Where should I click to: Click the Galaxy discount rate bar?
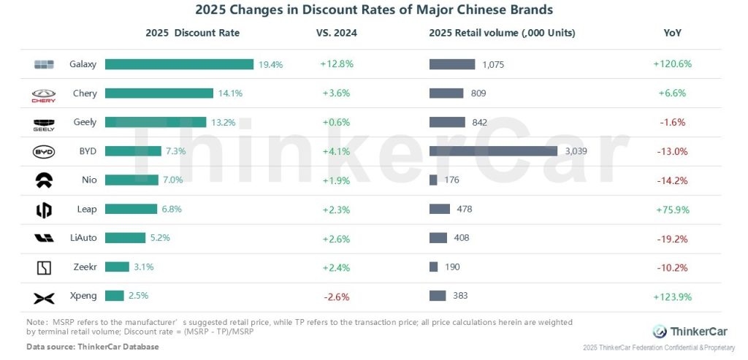coord(179,64)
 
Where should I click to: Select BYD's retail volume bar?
coord(493,151)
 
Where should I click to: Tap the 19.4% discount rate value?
coord(270,64)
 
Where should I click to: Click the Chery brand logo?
coord(44,94)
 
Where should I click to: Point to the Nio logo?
coord(44,180)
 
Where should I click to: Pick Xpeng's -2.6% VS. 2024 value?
coord(336,296)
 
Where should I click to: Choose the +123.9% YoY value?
coord(672,296)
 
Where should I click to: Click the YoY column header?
coord(672,33)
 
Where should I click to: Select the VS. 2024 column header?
coord(337,33)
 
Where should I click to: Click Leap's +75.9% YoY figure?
coord(672,210)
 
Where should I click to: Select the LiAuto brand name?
coord(83,238)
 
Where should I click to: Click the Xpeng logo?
coord(44,297)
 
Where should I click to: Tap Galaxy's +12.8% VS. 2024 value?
coord(337,64)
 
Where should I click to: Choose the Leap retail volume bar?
coord(440,210)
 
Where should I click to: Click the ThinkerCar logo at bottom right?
coord(689,331)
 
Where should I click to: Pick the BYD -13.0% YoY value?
coord(672,151)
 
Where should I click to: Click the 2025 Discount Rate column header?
coord(192,33)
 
